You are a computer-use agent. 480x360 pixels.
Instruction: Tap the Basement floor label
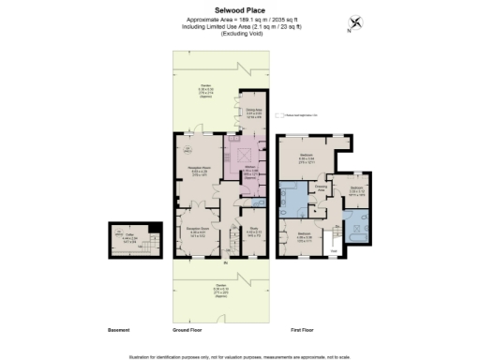click(118, 330)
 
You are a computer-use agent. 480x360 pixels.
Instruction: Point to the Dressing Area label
click(321, 187)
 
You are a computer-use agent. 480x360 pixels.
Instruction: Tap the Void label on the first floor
click(334, 251)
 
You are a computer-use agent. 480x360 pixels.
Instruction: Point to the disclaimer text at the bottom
click(240, 354)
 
